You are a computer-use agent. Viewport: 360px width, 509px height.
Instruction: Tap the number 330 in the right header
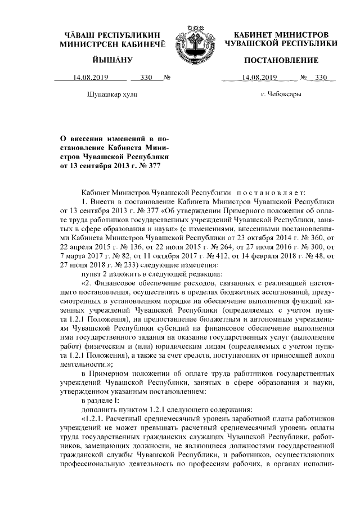tap(321, 78)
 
